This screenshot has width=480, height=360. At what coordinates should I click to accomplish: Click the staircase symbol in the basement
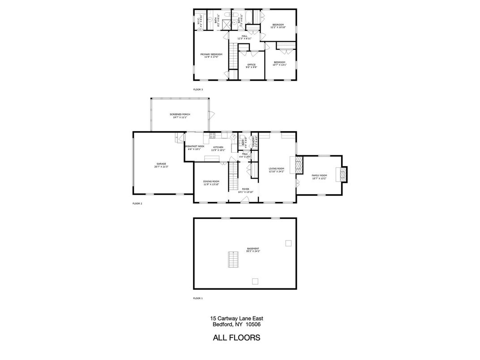tap(233, 258)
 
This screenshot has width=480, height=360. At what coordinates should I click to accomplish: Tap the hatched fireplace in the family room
tap(344, 174)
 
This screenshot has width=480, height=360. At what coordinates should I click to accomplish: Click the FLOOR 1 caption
tap(198, 298)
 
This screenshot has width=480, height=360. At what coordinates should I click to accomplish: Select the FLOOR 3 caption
tap(198, 90)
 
